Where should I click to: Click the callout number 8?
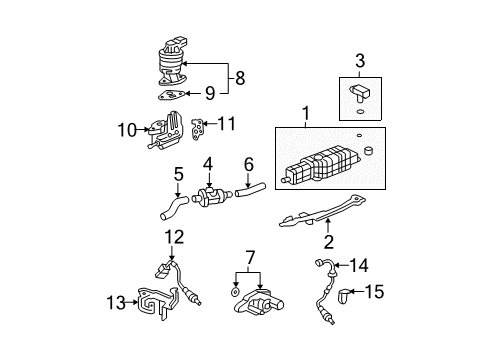click(240, 78)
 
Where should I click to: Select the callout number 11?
click(227, 123)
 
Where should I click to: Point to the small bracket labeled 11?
click(197, 129)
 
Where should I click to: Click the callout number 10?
click(127, 130)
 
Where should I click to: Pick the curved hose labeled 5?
click(173, 207)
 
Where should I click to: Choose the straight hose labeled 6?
click(250, 189)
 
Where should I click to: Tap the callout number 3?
click(360, 61)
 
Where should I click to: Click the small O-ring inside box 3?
click(360, 111)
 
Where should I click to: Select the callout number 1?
click(306, 113)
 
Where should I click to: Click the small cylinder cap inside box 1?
click(368, 151)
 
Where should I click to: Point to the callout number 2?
click(329, 242)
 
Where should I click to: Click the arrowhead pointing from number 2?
click(328, 221)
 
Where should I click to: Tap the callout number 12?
click(174, 237)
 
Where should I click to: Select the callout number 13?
click(116, 303)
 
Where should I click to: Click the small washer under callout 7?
click(235, 292)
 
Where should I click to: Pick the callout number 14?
click(359, 266)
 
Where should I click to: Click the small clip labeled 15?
click(343, 296)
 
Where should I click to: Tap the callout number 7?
click(250, 258)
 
